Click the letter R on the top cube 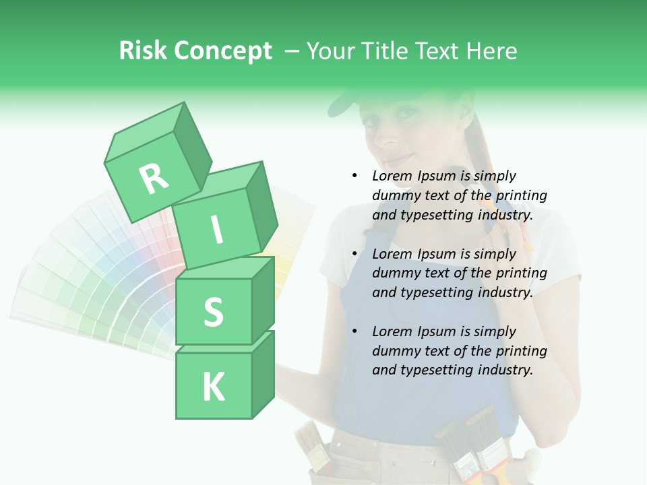[x=154, y=179]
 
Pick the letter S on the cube [x=213, y=312]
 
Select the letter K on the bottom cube [x=213, y=387]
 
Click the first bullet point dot [x=355, y=176]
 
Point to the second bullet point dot [x=355, y=254]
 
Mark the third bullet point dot [x=355, y=331]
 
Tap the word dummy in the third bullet [x=396, y=351]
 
